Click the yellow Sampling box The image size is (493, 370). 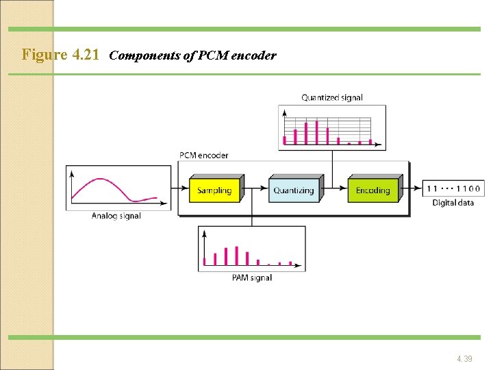coord(214,190)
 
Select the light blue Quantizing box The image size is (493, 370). coord(294,190)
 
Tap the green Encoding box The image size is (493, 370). coord(372,190)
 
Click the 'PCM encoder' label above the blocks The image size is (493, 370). coord(204,156)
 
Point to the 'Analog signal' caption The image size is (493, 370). coord(116,216)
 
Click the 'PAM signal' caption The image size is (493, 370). coord(252,277)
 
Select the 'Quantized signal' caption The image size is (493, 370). coord(332,98)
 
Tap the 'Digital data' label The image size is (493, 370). coord(453,203)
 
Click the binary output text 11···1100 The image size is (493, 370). coord(454,188)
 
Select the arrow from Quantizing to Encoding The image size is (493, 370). coord(335,186)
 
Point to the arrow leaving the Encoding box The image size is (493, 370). coord(411,186)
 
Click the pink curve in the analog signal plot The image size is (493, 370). coord(103,182)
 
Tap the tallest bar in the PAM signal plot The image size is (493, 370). coord(236,256)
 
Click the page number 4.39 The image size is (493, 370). coord(464,358)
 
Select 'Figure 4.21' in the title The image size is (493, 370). coord(62,55)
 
